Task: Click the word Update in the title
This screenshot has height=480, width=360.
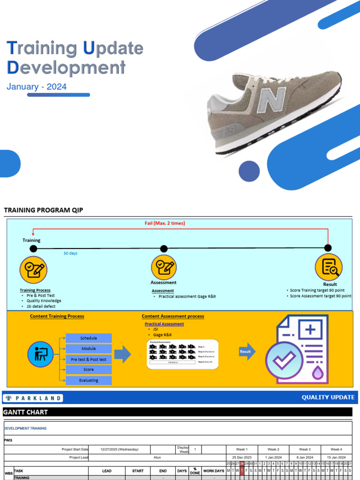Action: (x=113, y=48)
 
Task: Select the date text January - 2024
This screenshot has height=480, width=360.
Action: (x=37, y=87)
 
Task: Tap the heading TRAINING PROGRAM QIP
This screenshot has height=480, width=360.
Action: (x=43, y=210)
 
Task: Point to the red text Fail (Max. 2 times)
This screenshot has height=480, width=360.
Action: (x=165, y=223)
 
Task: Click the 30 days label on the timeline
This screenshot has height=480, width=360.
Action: (x=70, y=253)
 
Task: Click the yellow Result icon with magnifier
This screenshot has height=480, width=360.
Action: (x=328, y=267)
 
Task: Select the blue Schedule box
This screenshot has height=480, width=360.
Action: (x=89, y=338)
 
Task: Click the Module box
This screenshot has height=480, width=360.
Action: (x=89, y=349)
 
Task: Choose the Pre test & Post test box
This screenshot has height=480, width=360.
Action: (x=89, y=360)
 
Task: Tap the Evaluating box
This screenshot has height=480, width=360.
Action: (x=89, y=380)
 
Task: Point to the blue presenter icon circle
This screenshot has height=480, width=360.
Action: (x=41, y=354)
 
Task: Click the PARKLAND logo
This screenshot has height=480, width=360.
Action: (x=33, y=398)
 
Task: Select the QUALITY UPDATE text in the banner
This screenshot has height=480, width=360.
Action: (x=328, y=397)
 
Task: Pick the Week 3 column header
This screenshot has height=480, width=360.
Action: (x=305, y=449)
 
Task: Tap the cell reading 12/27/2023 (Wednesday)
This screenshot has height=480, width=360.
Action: (x=120, y=449)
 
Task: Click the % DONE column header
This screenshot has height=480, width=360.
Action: (x=195, y=471)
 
